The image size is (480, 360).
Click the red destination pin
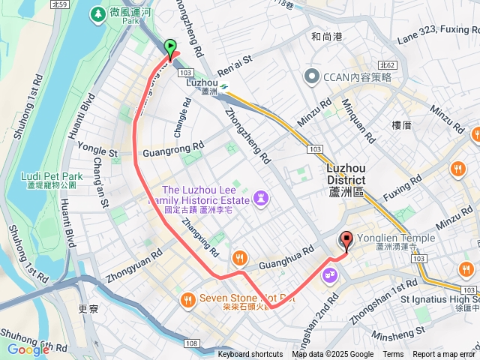[346, 241]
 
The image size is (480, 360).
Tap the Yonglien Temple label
[395, 238]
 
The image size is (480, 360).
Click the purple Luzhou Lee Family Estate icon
[261, 197]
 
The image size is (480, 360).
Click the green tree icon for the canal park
[97, 14]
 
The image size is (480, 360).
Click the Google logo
[28, 349]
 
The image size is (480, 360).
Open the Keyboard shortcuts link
[250, 355]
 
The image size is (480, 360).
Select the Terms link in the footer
[393, 355]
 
